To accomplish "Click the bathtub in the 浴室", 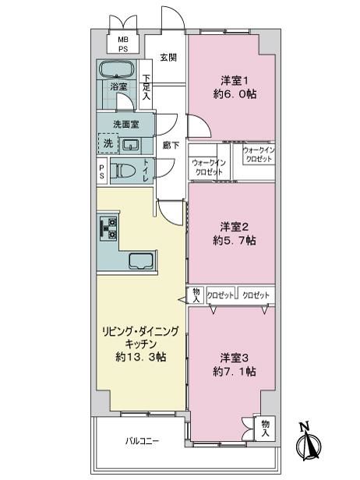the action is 117,69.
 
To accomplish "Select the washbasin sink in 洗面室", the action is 132,146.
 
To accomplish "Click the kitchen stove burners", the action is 108,228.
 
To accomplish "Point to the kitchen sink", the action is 140,261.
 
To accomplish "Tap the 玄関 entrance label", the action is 168,57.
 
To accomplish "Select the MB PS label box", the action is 123,44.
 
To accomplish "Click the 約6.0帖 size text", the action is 235,94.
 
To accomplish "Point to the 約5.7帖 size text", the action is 235,241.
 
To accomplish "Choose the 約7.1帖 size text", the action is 235,372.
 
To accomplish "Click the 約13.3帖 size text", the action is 141,357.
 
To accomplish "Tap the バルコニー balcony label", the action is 142,441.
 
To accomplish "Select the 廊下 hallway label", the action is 171,145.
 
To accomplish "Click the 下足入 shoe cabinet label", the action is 146,87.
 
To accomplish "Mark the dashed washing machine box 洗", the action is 108,143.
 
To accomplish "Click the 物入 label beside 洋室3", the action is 265,429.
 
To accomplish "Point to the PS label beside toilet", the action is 101,171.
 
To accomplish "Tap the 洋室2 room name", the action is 235,227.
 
